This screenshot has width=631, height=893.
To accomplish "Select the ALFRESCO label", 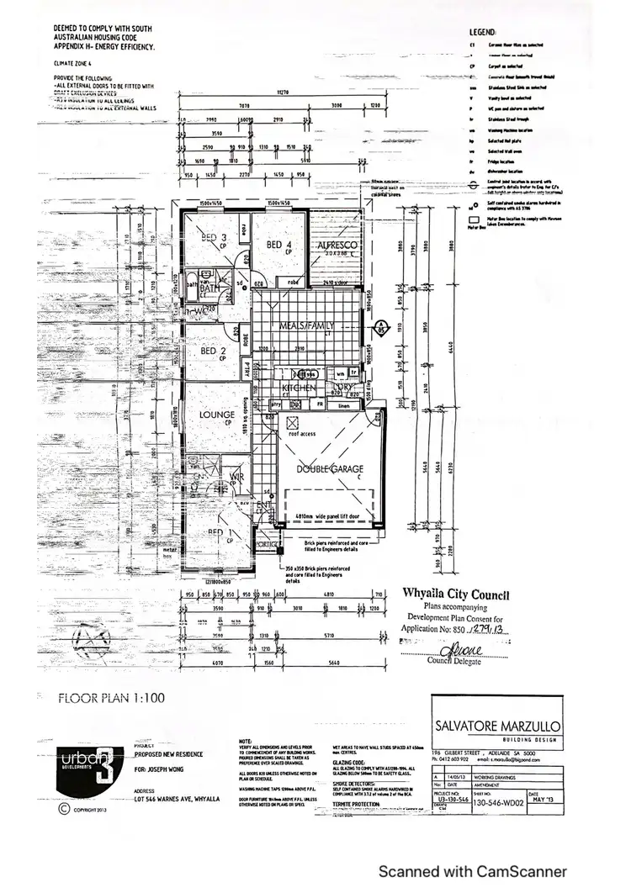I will tap(338, 245).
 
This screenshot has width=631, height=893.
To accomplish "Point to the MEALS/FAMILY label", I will tap(308, 325).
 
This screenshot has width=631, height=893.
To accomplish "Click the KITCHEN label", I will tap(298, 388).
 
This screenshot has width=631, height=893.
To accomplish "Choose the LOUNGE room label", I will tap(216, 415).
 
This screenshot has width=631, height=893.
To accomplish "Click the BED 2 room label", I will tap(206, 351).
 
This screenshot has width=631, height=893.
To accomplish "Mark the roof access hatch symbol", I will tap(293, 423).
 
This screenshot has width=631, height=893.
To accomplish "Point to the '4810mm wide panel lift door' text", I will tap(328, 518).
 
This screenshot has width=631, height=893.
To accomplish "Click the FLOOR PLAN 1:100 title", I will tap(112, 697).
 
